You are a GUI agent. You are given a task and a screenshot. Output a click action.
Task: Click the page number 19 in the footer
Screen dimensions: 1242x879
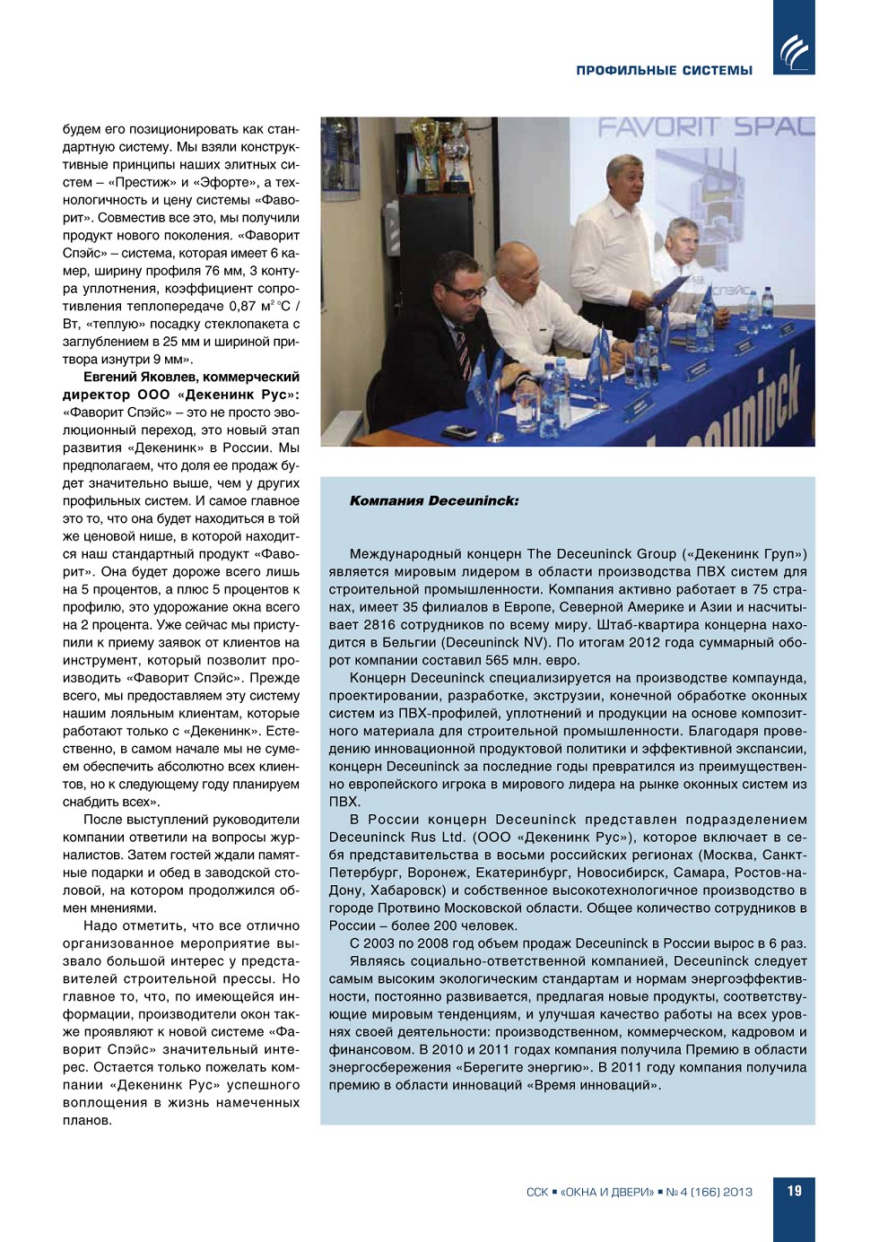(794, 1191)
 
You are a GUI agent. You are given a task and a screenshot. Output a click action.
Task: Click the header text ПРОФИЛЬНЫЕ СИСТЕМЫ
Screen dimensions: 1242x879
(664, 70)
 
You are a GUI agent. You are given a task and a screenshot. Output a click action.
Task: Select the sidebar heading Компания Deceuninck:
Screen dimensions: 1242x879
(434, 500)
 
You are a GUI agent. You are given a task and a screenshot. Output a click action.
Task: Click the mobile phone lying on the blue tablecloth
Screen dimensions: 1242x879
(460, 431)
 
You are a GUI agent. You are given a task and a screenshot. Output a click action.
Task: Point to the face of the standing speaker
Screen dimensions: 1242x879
(626, 179)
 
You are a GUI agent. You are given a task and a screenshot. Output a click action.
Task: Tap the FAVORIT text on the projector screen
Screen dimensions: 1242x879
(659, 127)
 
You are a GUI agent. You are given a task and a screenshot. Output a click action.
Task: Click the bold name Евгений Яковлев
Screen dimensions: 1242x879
(142, 377)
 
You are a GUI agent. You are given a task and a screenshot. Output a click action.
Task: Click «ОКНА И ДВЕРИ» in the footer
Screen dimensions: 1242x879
(607, 1192)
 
